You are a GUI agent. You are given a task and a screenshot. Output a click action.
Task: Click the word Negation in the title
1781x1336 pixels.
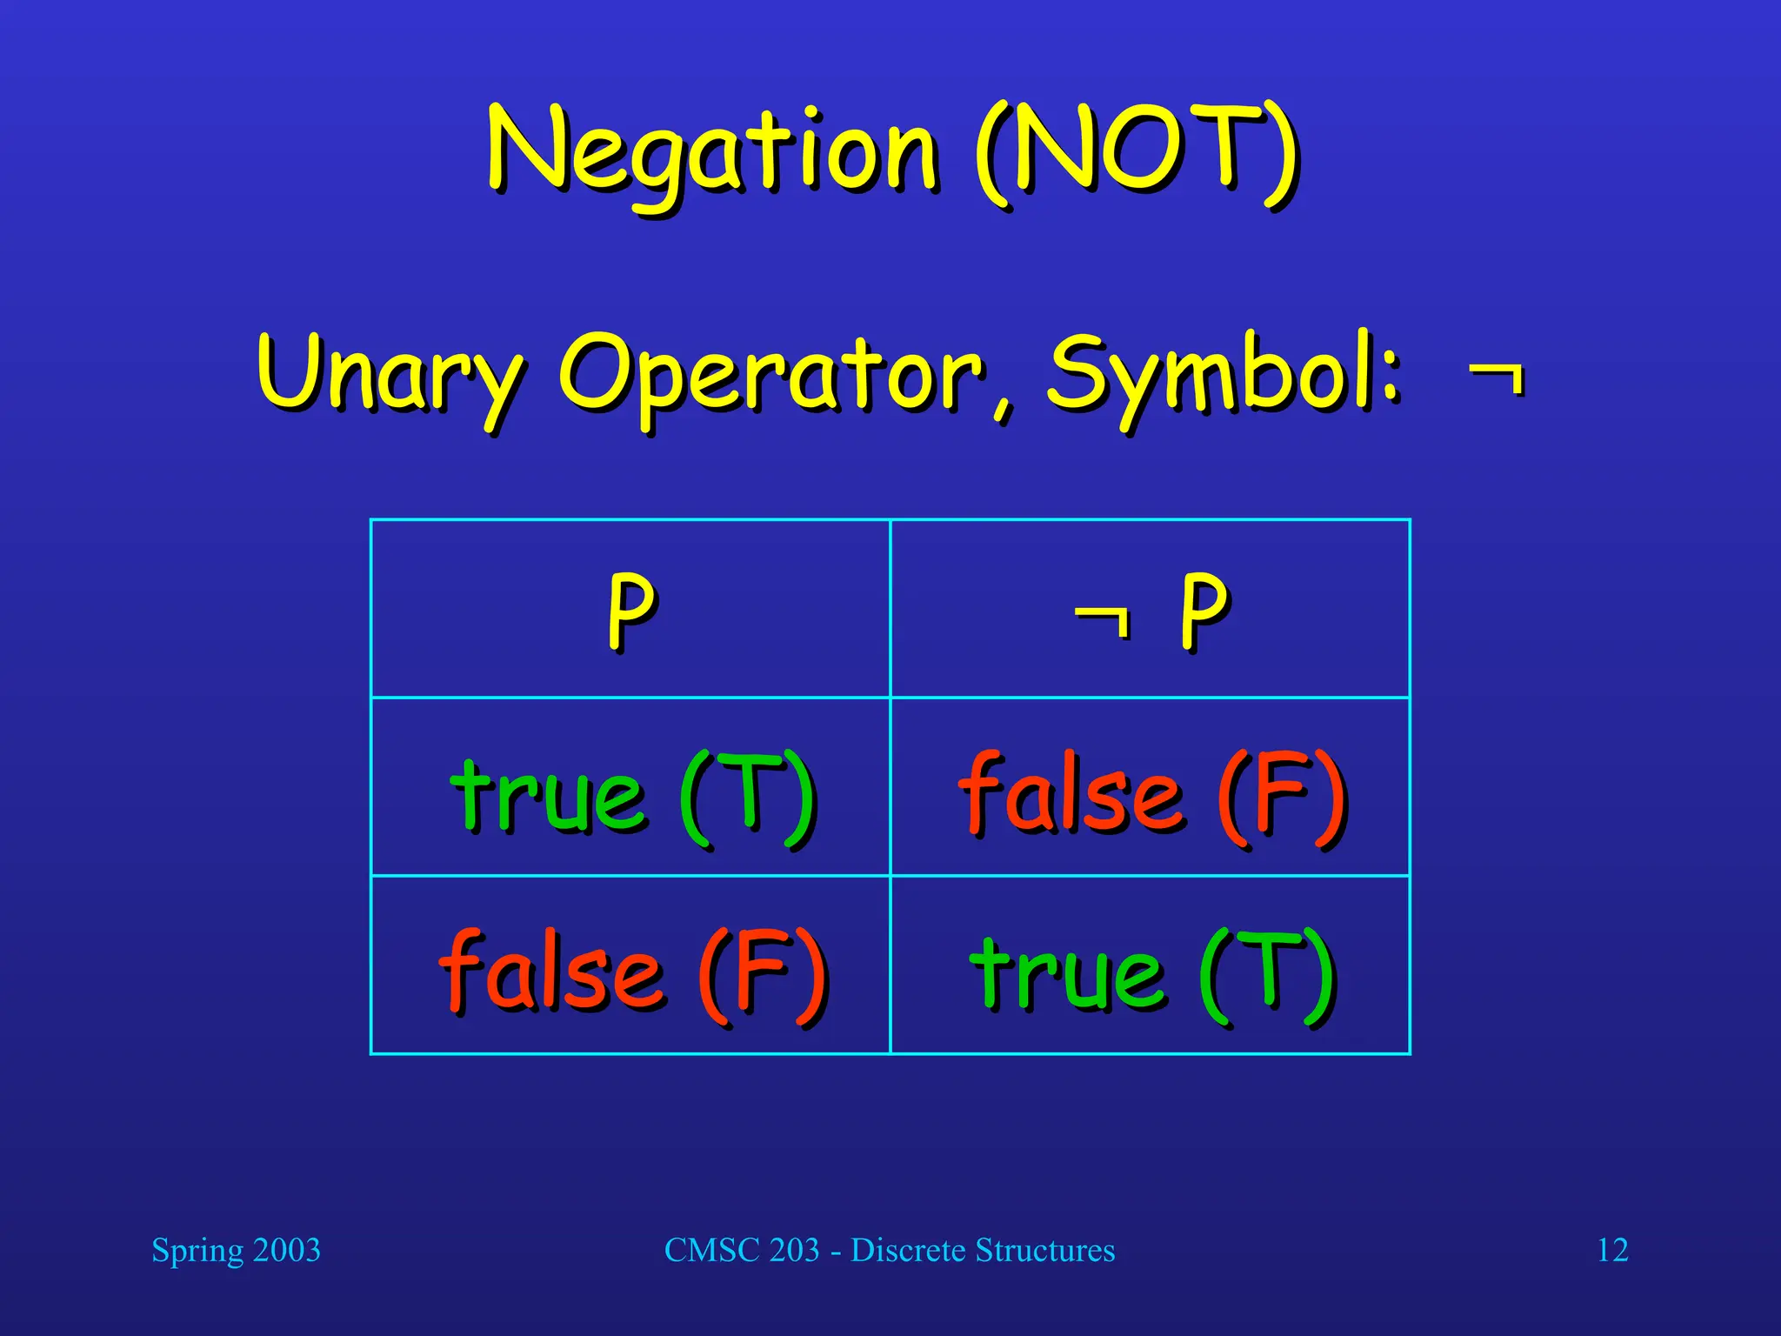(713, 152)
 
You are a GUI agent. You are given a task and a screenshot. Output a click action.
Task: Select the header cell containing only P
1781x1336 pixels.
(630, 609)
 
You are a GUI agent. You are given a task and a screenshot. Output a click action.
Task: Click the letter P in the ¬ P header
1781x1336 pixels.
(1204, 609)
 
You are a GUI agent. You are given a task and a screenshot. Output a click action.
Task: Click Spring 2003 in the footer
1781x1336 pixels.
(236, 1251)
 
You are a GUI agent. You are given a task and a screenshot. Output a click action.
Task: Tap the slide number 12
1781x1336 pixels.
(1612, 1251)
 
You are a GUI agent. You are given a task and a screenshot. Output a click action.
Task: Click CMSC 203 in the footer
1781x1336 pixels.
(742, 1251)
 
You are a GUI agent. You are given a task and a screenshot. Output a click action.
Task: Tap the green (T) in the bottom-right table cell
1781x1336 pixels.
(1267, 974)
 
